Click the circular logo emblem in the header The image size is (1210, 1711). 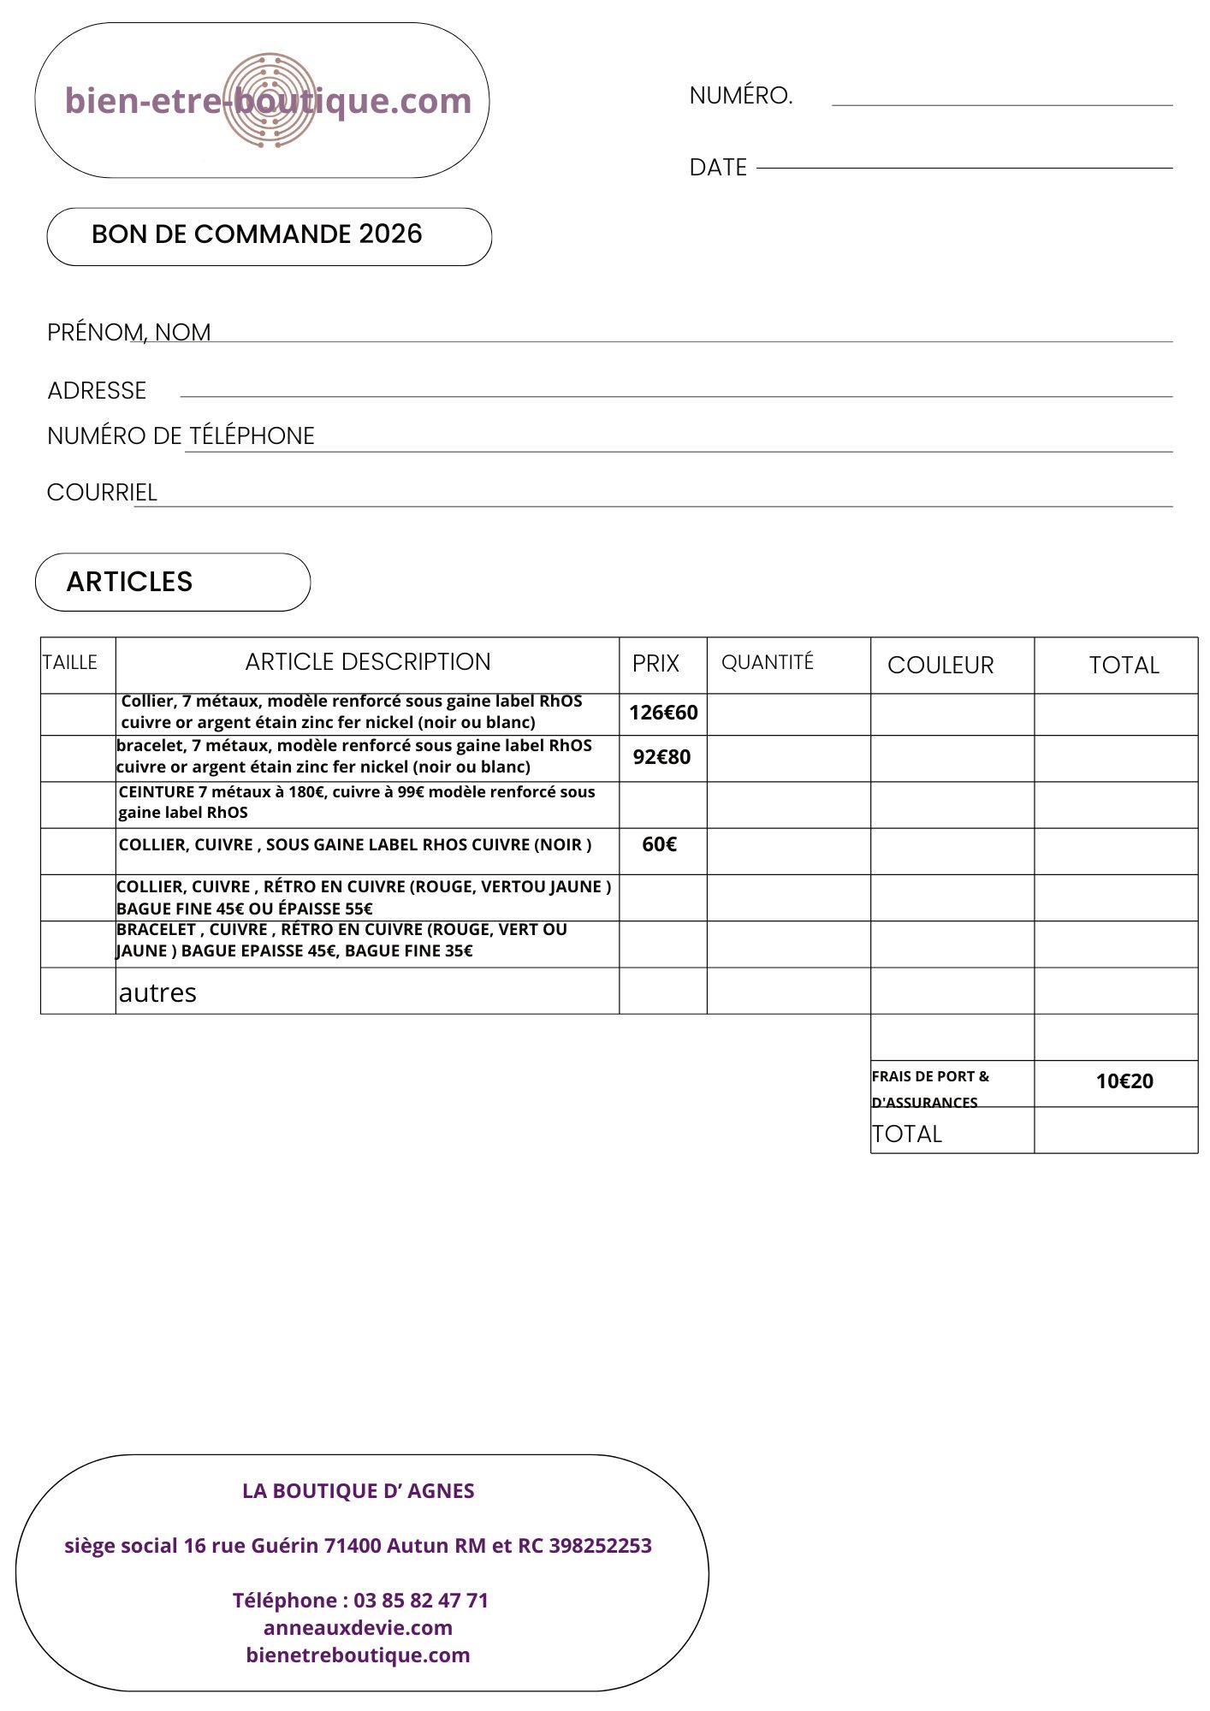270,100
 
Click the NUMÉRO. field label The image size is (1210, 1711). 741,96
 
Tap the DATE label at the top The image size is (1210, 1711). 718,168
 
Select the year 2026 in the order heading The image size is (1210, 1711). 390,234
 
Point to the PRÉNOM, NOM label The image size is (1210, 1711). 129,332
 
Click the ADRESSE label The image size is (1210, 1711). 97,391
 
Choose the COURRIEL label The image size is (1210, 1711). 102,493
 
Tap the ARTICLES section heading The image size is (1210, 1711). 130,582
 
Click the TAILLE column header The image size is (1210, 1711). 70,663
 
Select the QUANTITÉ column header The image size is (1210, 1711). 768,663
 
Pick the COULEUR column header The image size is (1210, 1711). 940,666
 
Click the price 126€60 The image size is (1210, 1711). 663,713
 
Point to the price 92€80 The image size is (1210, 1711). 661,757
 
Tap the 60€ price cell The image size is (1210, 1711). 659,845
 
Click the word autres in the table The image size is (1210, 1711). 157,992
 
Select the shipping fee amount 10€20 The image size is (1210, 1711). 1124,1081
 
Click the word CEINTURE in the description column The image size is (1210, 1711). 157,792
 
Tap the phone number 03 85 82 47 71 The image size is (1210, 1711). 421,1600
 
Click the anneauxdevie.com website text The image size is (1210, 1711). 358,1627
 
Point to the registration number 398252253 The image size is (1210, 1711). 600,1545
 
